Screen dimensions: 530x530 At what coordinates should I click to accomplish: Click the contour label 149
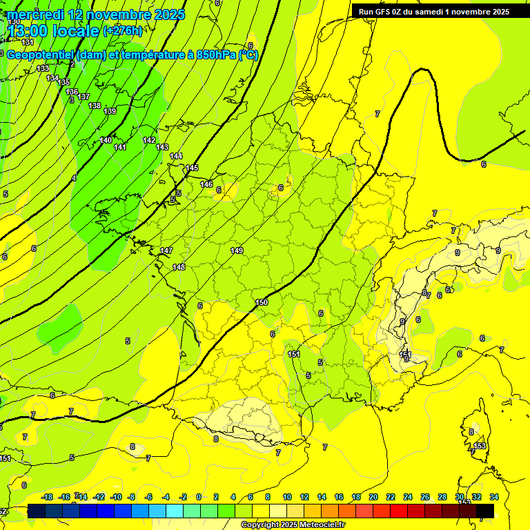pos(237,251)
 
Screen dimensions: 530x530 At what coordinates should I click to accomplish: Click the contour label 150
pos(262,302)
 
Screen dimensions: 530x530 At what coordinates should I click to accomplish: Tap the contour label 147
pos(166,251)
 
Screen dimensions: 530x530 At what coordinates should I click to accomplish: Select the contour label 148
pos(179,267)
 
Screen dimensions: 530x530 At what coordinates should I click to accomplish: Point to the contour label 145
pos(192,168)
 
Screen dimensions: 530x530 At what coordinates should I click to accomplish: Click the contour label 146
pos(206,184)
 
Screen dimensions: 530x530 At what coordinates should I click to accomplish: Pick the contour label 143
pos(162,147)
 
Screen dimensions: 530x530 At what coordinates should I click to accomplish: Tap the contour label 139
pos(110,111)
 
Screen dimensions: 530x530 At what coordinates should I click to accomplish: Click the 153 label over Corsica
pos(480,446)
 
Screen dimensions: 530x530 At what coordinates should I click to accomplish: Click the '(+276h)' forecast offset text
pos(122,31)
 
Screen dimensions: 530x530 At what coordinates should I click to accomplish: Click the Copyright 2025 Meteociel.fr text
pos(293,524)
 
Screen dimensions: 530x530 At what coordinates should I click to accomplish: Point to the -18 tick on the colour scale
pos(47,497)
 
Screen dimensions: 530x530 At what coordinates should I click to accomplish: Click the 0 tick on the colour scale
pos(199,497)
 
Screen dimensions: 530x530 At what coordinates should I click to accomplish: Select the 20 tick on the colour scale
pos(373,497)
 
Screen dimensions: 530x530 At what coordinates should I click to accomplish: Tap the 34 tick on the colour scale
pos(494,497)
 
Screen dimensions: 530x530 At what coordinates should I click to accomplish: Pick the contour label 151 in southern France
pos(294,354)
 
